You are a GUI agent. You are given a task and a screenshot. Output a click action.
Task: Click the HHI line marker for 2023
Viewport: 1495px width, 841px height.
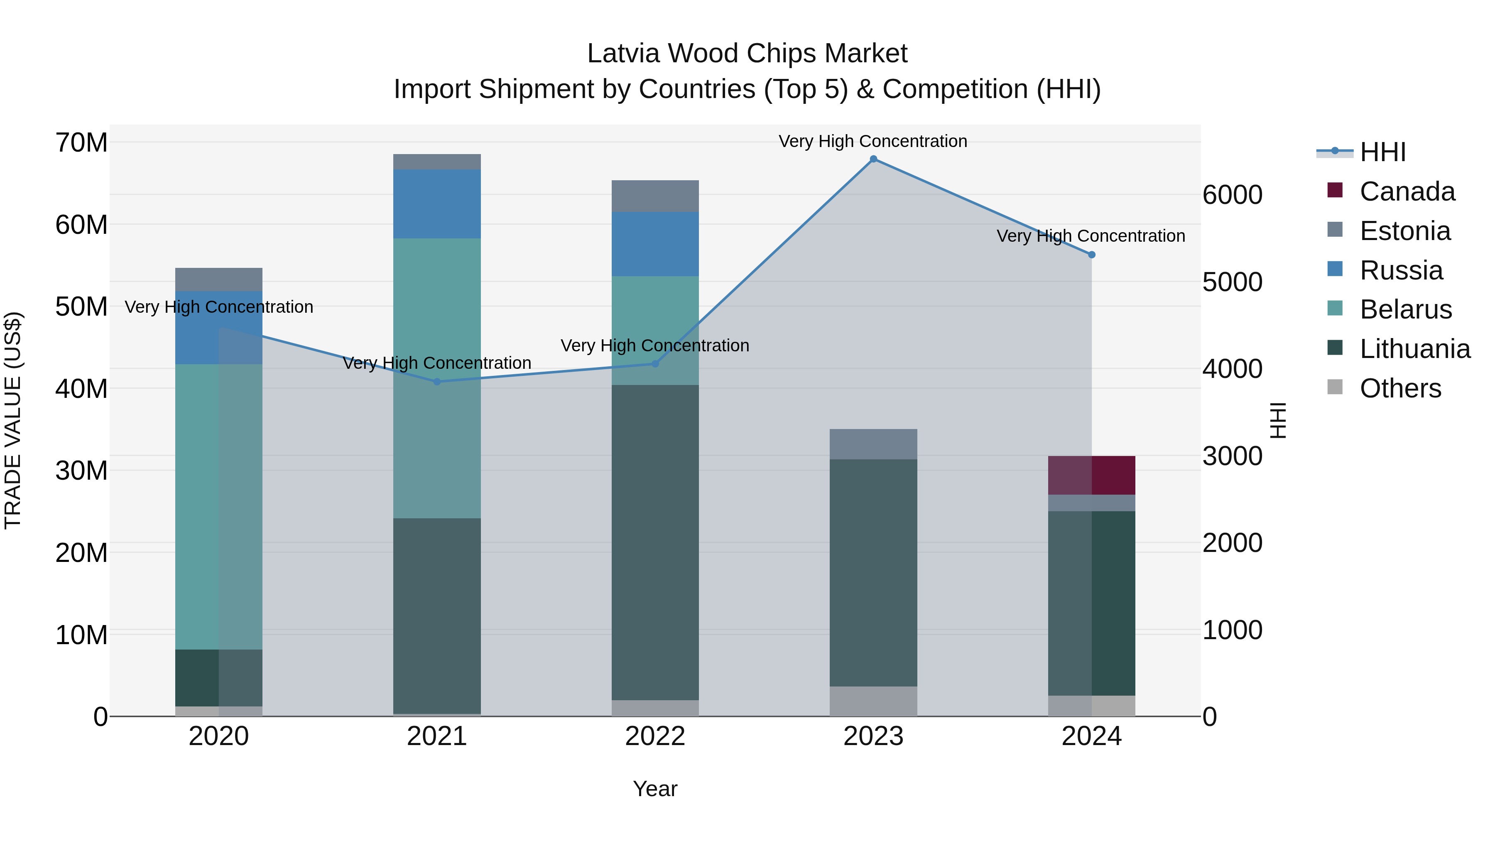pos(873,159)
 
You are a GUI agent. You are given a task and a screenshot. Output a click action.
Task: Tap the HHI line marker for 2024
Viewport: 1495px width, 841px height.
pos(1092,255)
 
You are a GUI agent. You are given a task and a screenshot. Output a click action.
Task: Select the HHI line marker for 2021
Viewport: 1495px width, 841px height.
pos(437,382)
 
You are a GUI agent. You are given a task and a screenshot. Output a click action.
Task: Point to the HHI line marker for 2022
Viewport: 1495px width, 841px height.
pos(655,364)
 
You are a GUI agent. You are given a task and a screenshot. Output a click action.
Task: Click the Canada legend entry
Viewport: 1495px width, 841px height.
pos(1407,191)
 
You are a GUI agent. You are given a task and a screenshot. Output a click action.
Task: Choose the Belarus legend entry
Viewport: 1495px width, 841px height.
pos(1405,309)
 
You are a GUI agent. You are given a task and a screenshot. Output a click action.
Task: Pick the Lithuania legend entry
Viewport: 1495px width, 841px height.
pos(1414,349)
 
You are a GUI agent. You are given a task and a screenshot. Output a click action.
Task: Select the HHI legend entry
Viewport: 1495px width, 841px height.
pos(1382,152)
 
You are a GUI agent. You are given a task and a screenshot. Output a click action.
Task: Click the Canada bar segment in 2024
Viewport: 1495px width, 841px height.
pos(1092,476)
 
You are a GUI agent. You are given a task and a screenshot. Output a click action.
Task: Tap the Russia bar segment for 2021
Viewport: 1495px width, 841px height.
pos(437,204)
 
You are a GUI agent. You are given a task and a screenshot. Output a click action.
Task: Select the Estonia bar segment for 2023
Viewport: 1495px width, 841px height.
pos(873,444)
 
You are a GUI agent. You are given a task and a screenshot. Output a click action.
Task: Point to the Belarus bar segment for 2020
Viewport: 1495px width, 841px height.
pos(219,507)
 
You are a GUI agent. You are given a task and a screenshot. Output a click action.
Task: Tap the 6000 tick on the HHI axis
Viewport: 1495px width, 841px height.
pos(1232,195)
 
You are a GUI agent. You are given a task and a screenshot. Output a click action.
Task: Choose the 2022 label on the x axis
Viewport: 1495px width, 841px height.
pos(655,736)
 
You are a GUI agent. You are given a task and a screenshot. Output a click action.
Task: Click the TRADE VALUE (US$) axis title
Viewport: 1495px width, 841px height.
pos(13,420)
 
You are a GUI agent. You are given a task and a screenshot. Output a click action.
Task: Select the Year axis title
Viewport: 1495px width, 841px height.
pos(655,789)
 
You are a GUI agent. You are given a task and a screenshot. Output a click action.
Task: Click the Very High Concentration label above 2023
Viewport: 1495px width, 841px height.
pos(873,141)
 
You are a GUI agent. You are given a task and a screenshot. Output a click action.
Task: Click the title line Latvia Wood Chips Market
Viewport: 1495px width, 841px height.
pos(747,54)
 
